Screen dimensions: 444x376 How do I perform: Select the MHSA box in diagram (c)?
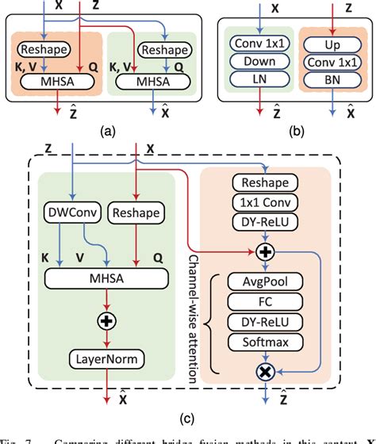pyautogui.click(x=106, y=277)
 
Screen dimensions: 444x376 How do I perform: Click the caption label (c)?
pyautogui.click(x=188, y=412)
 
